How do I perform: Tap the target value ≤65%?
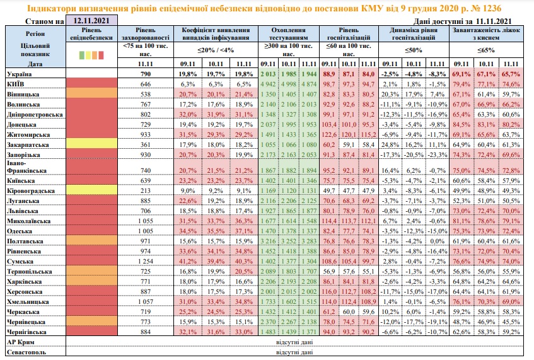tap(485, 50)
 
